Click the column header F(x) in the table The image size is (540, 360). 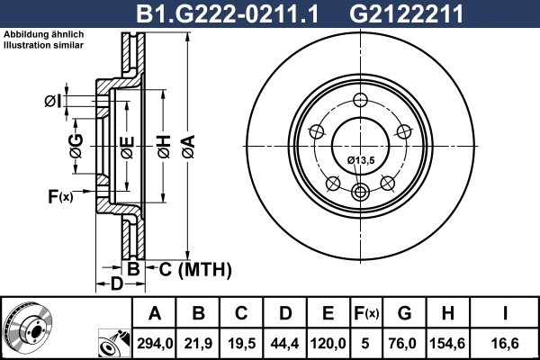pos(365,314)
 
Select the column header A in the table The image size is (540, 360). pos(155,314)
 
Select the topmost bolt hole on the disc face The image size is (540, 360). pos(361,100)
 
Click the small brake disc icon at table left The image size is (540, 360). pos(28,327)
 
